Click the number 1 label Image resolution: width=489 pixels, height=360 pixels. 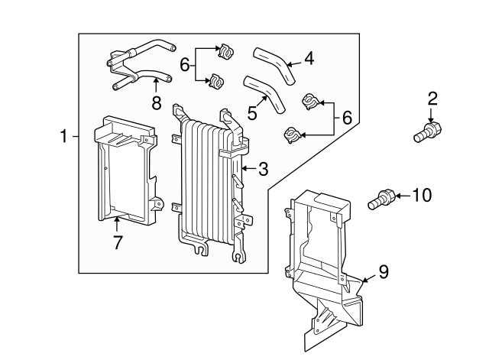(66, 137)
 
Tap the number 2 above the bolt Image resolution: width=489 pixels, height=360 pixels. (432, 98)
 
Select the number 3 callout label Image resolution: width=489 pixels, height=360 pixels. (262, 169)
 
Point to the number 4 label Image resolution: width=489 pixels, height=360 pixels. (309, 58)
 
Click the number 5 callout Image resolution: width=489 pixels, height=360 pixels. (251, 113)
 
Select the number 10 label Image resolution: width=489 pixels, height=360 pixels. (421, 196)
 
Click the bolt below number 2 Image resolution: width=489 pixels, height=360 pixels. (425, 134)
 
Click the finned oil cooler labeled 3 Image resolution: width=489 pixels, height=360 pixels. (206, 180)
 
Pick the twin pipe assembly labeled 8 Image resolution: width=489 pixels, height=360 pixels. (138, 65)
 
